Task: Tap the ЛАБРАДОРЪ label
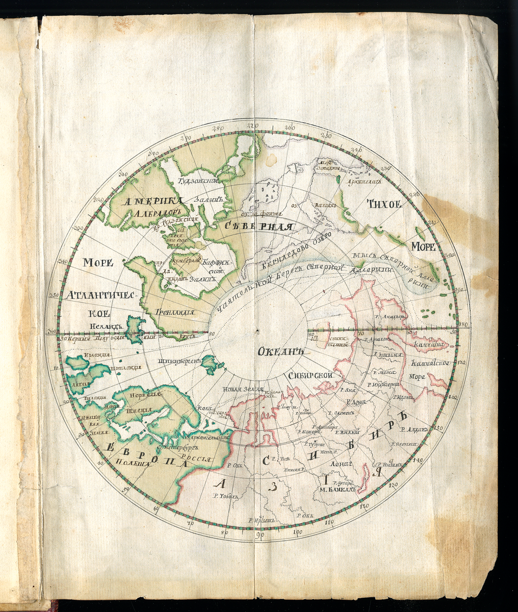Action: pyautogui.click(x=152, y=213)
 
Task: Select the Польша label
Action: pyautogui.click(x=132, y=464)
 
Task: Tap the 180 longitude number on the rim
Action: pyautogui.click(x=463, y=325)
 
